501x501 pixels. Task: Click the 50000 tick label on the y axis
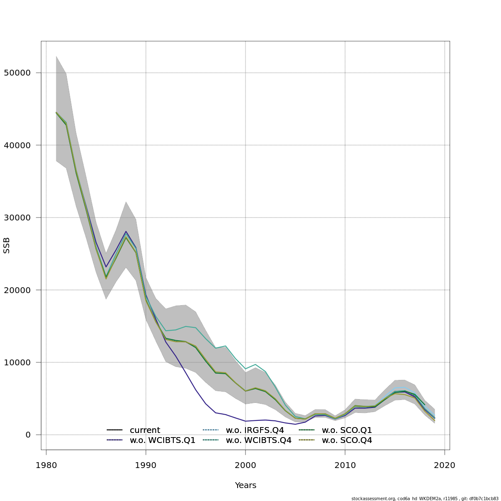point(17,73)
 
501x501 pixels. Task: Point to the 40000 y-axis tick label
point(17,145)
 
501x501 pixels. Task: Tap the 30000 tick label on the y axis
point(17,218)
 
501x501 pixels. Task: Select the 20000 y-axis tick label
point(17,290)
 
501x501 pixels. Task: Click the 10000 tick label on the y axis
point(17,362)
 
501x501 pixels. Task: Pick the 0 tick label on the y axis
point(28,435)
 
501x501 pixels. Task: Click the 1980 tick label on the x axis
point(46,466)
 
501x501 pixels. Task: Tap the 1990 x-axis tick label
point(146,466)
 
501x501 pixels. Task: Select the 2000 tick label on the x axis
point(245,466)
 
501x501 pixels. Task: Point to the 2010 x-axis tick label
point(345,466)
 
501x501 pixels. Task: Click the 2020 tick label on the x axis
point(445,466)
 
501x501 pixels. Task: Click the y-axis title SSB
point(7,245)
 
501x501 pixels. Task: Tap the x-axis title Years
point(245,486)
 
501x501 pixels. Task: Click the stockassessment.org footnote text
point(425,498)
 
